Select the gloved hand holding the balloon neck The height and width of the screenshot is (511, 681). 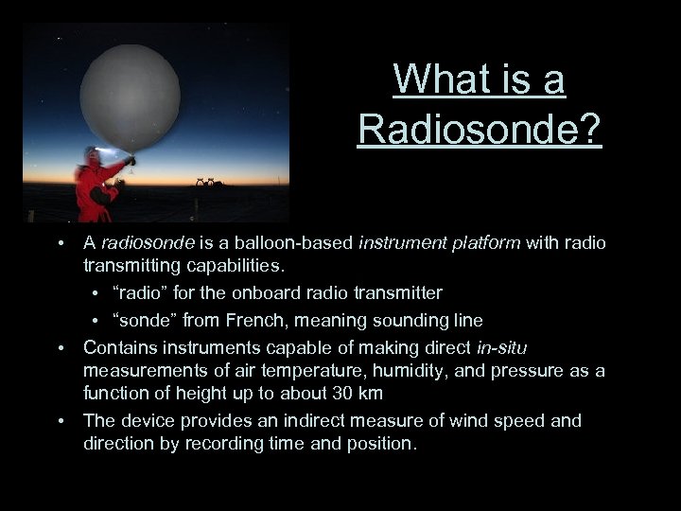[x=131, y=161]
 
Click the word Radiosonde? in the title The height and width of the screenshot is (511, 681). [x=479, y=128]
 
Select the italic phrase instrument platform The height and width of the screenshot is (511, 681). [x=440, y=243]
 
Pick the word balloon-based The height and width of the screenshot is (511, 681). [x=270, y=243]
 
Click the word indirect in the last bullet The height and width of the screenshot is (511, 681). [x=289, y=420]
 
